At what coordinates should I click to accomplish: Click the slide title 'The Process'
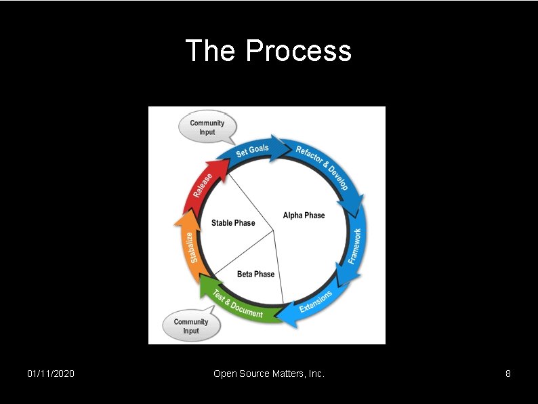click(268, 51)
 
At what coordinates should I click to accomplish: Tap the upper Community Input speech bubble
click(207, 127)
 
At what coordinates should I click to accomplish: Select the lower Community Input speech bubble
click(191, 326)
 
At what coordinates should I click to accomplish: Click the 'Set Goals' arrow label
click(252, 150)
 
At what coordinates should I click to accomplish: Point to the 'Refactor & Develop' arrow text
click(322, 167)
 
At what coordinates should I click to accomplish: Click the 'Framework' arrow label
click(355, 245)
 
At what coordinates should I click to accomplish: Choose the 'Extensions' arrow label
click(316, 301)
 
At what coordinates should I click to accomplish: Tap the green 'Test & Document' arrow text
click(238, 304)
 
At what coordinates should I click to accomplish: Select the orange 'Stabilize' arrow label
click(193, 247)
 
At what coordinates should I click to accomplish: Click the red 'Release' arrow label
click(203, 185)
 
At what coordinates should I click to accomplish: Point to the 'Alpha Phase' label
click(304, 216)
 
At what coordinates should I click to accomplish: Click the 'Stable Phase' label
click(233, 223)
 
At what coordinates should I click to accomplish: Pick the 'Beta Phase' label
click(255, 274)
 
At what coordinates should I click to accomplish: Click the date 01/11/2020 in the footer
click(51, 373)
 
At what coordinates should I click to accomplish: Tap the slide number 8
click(508, 373)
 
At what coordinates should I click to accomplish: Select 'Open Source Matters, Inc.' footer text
click(269, 373)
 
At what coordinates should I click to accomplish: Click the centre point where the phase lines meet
click(274, 231)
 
